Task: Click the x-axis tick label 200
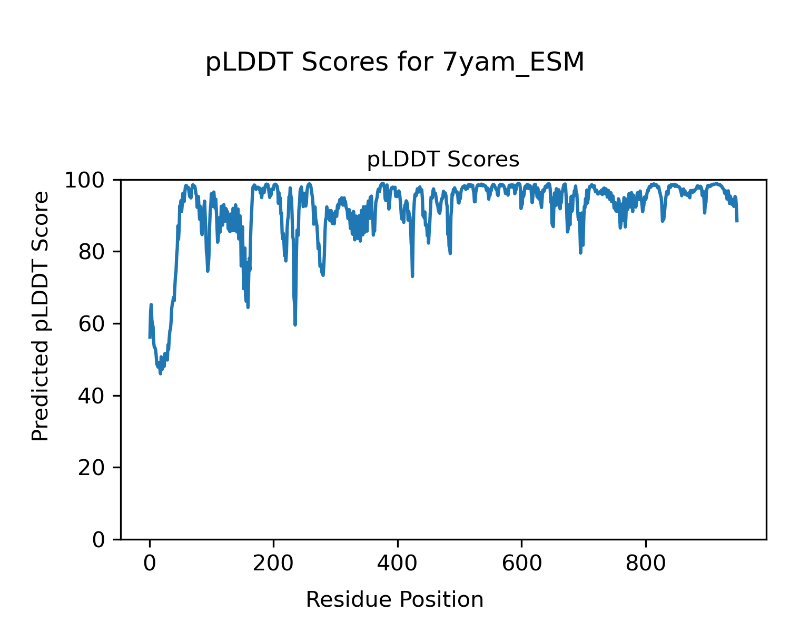coord(273,564)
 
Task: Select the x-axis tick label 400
coord(398,564)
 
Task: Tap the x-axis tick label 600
coord(521,564)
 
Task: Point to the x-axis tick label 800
coord(645,564)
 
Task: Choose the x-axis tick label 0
coord(150,564)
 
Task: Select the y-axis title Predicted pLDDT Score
coord(41,316)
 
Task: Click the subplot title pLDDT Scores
coord(443,160)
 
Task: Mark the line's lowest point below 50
coord(160,373)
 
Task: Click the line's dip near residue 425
coord(412,276)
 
